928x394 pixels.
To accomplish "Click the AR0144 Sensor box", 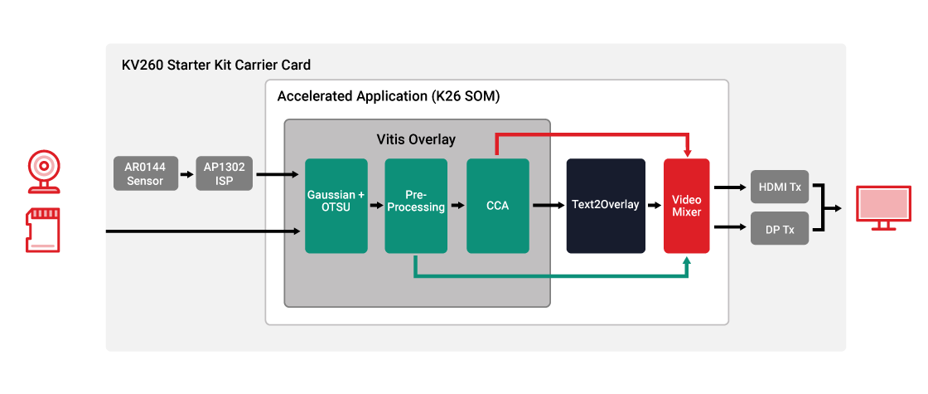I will (145, 174).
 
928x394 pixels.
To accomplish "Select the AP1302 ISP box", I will (224, 174).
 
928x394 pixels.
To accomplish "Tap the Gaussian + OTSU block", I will (336, 206).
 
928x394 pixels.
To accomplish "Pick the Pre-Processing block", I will (416, 206).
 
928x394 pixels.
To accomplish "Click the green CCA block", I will (497, 206).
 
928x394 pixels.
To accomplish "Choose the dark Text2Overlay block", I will (606, 206).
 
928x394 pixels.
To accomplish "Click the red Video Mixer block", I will (686, 206).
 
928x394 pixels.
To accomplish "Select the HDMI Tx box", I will (779, 187).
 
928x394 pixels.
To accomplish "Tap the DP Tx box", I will (779, 228).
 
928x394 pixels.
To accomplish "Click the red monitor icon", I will (884, 207).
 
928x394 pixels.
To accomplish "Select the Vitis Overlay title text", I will (416, 139).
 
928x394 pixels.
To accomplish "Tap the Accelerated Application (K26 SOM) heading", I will (389, 96).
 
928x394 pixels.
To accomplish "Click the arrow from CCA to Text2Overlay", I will (547, 203).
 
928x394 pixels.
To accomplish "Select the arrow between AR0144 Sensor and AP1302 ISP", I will (186, 174).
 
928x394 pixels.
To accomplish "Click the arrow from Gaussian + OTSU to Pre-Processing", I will (375, 203).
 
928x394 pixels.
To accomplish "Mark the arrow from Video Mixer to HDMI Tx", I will (729, 187).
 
